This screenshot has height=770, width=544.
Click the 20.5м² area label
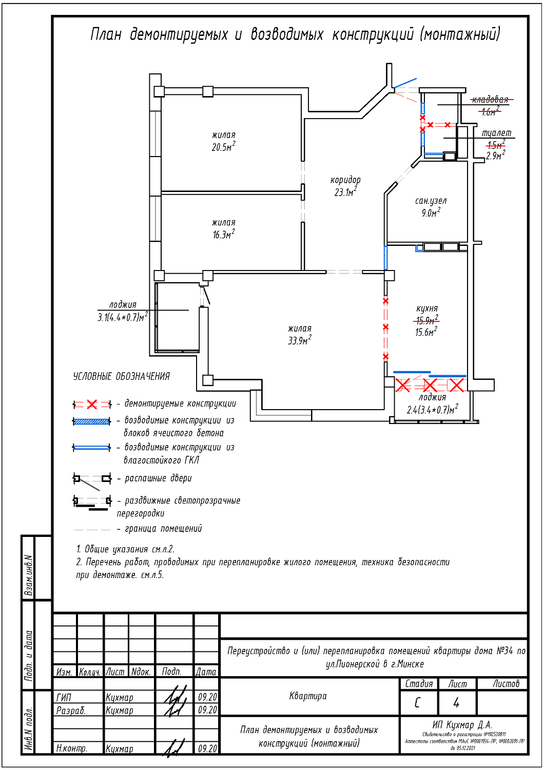pos(223,147)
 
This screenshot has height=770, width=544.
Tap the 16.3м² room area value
pos(223,235)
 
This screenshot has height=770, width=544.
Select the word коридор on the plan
pos(345,180)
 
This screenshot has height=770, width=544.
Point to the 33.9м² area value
pos(299,341)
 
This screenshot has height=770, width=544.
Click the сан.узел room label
pos(431,201)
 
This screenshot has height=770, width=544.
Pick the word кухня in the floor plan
pos(427,309)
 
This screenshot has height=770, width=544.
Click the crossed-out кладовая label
pos(490,100)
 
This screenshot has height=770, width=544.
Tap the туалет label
pos(496,133)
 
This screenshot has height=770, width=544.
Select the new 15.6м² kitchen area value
pos(426,332)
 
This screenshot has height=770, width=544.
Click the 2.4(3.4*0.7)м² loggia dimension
pos(432,410)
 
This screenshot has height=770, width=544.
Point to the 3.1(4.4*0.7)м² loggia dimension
pos(122,317)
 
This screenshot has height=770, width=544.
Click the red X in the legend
pos(92,405)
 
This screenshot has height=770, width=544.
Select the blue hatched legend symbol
pos(92,421)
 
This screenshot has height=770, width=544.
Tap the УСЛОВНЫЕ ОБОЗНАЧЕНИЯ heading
pos(122,377)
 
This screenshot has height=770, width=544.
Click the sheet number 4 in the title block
pos(456,702)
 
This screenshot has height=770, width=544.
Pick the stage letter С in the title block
pos(417,702)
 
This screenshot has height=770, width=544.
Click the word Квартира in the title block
pos(308,696)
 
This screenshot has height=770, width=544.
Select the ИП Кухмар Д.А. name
pos(462,725)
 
